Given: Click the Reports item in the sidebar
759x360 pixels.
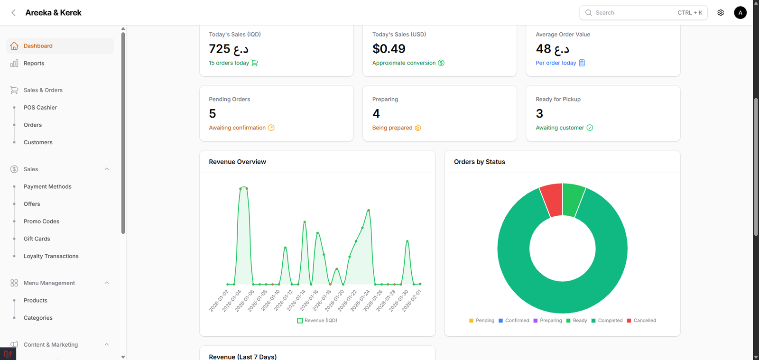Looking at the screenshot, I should coord(34,63).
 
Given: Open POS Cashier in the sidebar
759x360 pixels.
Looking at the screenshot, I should coord(40,108).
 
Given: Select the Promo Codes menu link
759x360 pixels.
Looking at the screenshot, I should coord(41,222).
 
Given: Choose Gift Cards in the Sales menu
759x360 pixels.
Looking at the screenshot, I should coord(37,239).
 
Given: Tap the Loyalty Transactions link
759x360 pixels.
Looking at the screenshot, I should coord(51,256).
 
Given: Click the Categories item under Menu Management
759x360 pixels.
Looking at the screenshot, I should coord(38,318).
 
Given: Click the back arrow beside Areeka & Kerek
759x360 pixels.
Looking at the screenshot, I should coord(14,13).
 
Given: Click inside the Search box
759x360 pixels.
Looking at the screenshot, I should coord(631,13).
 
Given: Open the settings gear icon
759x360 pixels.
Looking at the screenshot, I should coord(721,13).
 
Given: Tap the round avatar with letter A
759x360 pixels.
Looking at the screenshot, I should coord(740,13).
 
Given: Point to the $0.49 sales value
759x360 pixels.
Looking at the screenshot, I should coord(389,49).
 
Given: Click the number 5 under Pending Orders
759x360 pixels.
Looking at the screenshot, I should coord(212,114).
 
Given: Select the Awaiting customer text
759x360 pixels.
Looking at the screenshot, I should coord(560,128).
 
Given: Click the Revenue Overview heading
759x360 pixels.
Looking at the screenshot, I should coord(237,162).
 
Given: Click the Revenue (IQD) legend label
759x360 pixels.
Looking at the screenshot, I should coord(320,321).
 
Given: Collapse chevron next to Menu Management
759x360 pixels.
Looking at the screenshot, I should coord(107,283).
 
